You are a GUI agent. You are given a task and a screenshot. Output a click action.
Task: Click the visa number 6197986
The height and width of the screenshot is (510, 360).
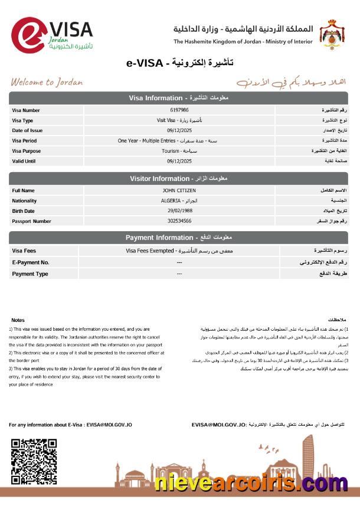coord(179,110)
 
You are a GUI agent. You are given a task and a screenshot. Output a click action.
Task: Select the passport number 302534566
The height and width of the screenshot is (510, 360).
coord(179,221)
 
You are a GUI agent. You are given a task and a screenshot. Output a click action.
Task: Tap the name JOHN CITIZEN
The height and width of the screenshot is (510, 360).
coord(179,191)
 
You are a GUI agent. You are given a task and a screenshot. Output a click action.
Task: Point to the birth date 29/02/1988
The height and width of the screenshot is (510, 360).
coord(179,211)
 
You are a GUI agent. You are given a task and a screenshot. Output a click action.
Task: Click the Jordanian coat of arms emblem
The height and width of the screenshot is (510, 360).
coord(334,35)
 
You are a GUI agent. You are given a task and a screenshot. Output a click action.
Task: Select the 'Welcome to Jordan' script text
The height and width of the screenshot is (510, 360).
coord(47,82)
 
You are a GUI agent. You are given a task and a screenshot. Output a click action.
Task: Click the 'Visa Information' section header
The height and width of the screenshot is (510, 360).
coord(178,97)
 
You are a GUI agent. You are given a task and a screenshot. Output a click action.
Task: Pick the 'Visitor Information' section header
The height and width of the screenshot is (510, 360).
coord(178,178)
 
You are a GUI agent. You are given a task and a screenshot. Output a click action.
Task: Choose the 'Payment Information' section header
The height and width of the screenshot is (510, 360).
coord(178,238)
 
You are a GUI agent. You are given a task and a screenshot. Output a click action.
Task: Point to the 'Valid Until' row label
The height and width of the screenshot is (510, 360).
coord(24,161)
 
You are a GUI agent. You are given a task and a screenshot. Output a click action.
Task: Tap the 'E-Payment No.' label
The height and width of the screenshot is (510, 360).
coord(31,262)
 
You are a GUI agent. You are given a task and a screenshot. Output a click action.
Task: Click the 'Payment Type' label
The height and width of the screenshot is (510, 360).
coord(30,274)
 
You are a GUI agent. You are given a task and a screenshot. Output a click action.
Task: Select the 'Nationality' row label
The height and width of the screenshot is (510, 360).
coord(24,201)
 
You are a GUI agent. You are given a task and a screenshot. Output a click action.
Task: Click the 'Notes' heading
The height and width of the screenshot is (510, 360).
coord(18,320)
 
